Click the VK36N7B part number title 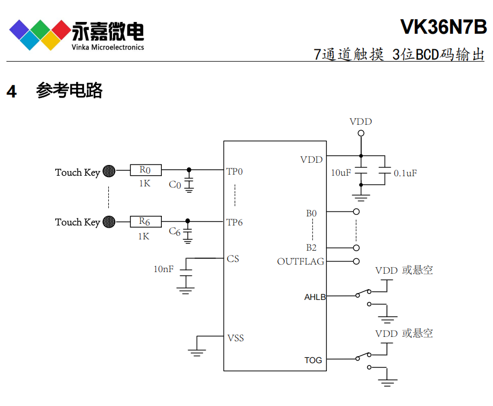click(443, 26)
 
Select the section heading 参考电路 click(69, 91)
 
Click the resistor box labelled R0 click(145, 170)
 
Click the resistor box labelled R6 click(145, 221)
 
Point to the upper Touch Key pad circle click(109, 171)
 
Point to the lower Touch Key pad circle click(109, 221)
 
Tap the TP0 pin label click(235, 172)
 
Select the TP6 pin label click(235, 222)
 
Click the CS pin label click(233, 259)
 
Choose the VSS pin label click(235, 338)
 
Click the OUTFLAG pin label click(300, 262)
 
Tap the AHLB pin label click(315, 297)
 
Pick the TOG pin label click(313, 360)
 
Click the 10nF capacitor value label click(163, 269)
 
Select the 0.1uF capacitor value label click(405, 174)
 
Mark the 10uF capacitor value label click(341, 173)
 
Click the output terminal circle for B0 click(356, 212)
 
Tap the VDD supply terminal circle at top click(361, 133)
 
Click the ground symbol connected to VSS click(197, 351)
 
